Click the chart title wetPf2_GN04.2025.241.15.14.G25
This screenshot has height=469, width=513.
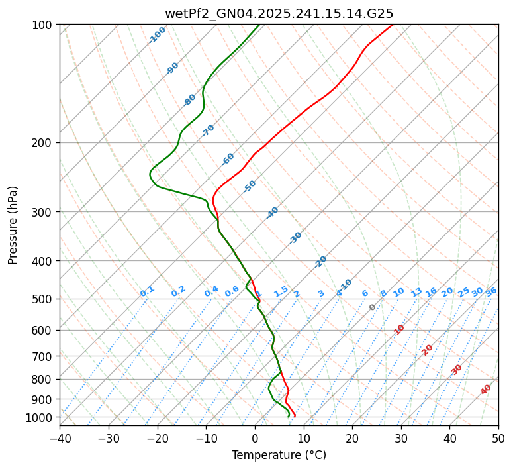(x=279, y=13)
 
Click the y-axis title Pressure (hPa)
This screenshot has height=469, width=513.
(x=13, y=225)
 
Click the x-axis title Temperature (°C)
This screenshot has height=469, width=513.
(x=279, y=456)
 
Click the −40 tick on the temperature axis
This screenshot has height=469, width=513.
(x=60, y=438)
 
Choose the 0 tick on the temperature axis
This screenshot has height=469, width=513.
(x=255, y=438)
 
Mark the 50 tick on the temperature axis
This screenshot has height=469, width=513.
(x=498, y=438)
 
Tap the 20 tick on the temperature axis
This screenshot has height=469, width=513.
(x=352, y=438)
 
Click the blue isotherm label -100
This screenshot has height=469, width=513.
(x=157, y=35)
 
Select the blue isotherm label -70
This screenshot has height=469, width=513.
(x=208, y=130)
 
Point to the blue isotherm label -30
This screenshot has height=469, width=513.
(x=295, y=238)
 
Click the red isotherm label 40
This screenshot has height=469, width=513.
(x=486, y=390)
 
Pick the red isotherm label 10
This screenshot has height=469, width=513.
(x=399, y=329)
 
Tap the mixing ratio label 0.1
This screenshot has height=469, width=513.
(x=147, y=291)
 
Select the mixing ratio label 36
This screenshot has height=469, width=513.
(x=491, y=291)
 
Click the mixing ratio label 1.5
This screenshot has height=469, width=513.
(x=281, y=291)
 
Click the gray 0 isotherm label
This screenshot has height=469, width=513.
(x=373, y=307)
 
